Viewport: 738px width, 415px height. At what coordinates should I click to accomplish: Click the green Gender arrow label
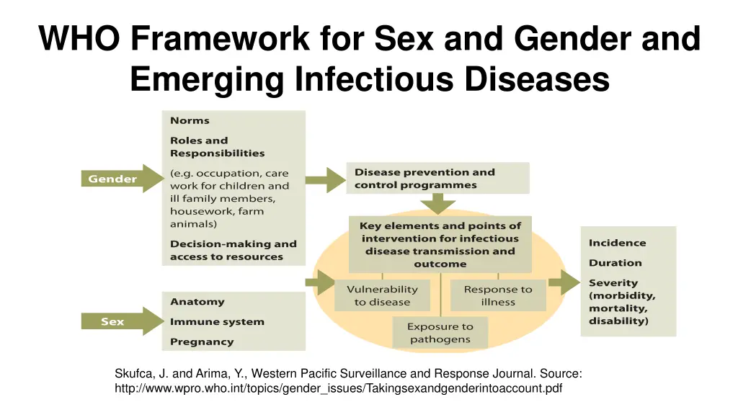(x=113, y=179)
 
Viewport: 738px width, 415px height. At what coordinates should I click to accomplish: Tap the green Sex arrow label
(x=113, y=321)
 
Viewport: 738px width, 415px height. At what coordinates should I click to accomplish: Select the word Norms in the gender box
(x=190, y=120)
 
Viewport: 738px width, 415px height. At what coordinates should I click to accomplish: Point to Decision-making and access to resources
(x=233, y=250)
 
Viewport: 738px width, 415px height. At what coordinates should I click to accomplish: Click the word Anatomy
(x=197, y=302)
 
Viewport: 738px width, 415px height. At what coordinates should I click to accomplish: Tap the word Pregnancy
(x=202, y=342)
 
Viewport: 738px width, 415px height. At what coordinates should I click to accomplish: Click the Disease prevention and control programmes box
(x=437, y=179)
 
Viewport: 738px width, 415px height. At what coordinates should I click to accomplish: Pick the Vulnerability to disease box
(x=382, y=295)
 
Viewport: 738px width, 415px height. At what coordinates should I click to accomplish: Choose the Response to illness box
(x=498, y=295)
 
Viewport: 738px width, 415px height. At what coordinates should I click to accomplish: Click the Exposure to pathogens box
(x=440, y=333)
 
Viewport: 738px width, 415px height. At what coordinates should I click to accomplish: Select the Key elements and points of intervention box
(x=440, y=244)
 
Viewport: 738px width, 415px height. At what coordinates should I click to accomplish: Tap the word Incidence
(x=617, y=243)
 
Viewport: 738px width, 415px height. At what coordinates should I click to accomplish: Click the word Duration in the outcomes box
(x=615, y=263)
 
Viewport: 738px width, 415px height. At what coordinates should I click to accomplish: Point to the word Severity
(x=613, y=283)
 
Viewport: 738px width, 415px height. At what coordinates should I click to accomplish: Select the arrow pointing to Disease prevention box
(x=326, y=179)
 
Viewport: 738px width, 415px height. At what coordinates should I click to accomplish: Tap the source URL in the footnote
(x=338, y=388)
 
